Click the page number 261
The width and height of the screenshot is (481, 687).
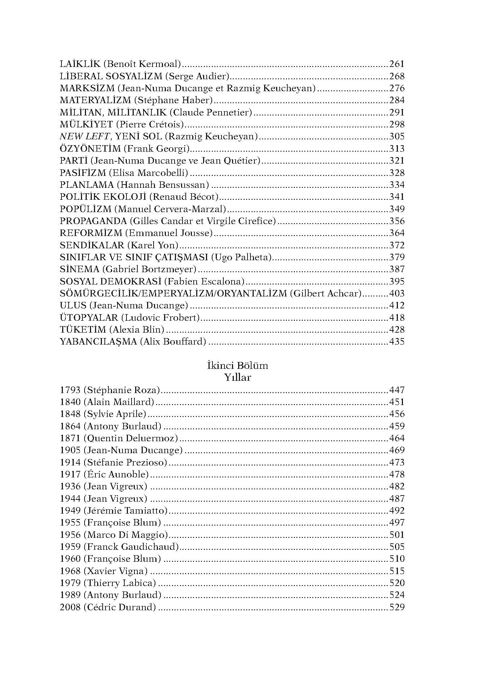tap(396, 64)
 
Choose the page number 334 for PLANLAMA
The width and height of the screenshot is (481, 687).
tap(396, 185)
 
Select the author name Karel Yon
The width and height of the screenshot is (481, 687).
tap(153, 245)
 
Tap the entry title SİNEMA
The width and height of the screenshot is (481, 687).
tap(79, 269)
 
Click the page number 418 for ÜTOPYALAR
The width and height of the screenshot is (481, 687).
tap(396, 318)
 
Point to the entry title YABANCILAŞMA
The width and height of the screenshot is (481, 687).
tap(98, 342)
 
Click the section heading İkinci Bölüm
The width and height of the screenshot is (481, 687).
tap(237, 366)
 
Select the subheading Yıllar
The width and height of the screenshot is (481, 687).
tap(237, 378)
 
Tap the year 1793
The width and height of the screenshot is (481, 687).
tap(70, 390)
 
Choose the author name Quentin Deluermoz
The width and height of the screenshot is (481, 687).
tap(131, 438)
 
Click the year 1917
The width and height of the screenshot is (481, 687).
tap(70, 475)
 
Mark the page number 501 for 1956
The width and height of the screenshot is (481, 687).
tap(396, 535)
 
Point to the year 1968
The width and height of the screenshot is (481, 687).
tap(70, 571)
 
